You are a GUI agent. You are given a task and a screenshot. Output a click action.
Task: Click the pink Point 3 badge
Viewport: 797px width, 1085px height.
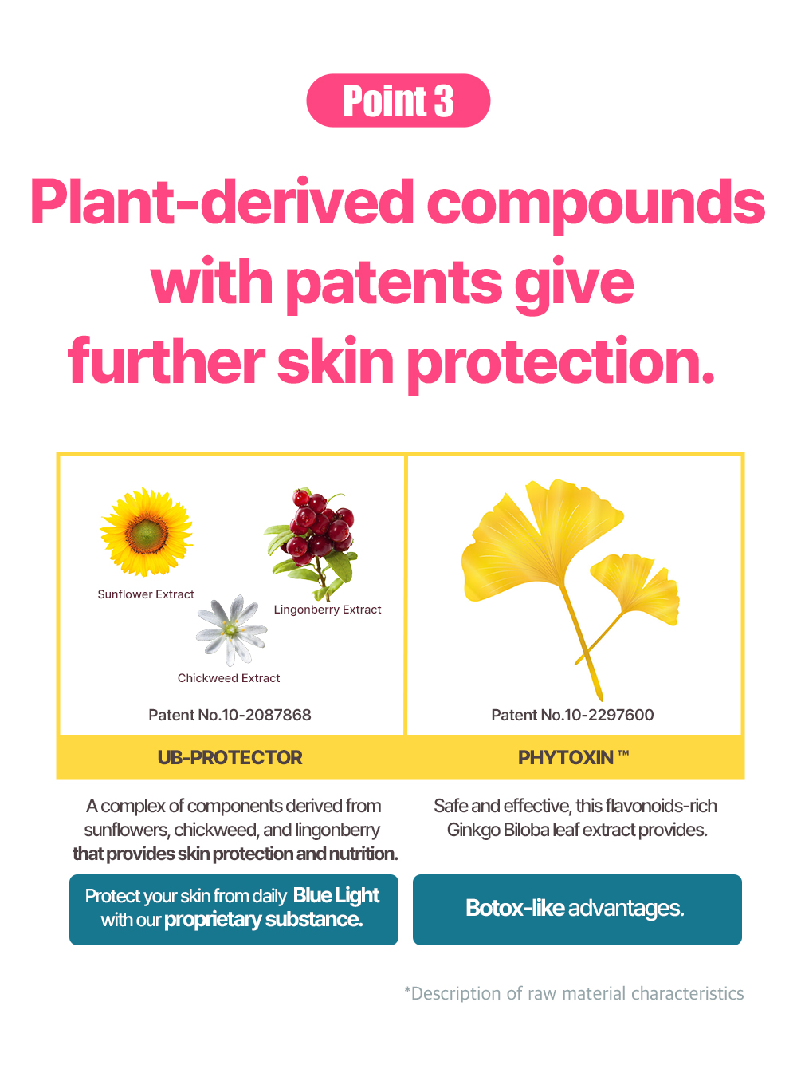pos(398,101)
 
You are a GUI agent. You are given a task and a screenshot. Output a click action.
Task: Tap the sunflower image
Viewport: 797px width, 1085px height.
pos(147,532)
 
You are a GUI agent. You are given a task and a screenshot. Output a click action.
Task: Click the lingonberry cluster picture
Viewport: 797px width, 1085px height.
pos(313,544)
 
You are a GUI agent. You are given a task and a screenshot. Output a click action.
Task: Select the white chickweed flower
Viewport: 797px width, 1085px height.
pos(231,630)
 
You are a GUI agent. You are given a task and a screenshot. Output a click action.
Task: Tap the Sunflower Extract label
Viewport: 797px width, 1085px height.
pos(146,594)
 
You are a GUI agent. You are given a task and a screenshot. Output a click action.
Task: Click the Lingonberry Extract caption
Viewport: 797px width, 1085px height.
pos(328,610)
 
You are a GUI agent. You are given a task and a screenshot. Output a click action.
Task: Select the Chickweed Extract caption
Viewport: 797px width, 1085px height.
pos(229,678)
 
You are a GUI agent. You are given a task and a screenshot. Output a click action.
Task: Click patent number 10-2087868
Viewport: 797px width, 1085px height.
pos(230,715)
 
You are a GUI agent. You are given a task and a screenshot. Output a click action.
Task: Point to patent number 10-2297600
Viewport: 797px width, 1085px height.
pos(572,715)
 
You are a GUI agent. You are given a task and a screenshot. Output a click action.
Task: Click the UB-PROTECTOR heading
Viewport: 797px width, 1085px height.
pos(230,758)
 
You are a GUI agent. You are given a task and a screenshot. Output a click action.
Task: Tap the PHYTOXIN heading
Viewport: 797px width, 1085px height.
pos(573,758)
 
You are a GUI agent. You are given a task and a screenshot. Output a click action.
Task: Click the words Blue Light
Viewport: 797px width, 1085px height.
pos(336,896)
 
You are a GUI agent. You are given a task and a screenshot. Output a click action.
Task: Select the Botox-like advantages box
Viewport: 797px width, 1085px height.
pos(577,909)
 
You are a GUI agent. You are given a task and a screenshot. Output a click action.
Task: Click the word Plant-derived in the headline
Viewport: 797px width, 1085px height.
pos(222,203)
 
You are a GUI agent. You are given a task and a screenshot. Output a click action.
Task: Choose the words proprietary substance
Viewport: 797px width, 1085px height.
pos(264,920)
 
